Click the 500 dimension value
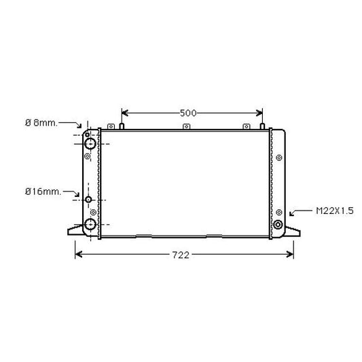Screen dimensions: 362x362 click(x=189, y=113)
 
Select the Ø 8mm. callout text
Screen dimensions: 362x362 click(x=41, y=122)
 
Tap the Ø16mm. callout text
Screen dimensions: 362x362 click(x=42, y=192)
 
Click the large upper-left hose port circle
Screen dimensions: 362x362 click(x=90, y=143)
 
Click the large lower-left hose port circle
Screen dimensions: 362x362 click(x=90, y=225)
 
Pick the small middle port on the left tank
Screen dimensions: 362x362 click(x=88, y=200)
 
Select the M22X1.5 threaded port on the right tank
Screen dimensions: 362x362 click(x=278, y=225)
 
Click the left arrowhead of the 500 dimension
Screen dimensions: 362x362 click(x=124, y=113)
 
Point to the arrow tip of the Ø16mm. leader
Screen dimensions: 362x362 click(x=81, y=198)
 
